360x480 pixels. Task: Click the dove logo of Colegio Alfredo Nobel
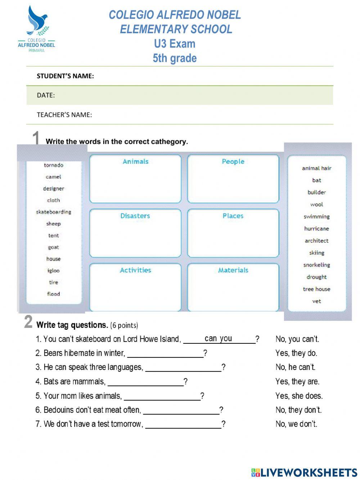(x=37, y=21)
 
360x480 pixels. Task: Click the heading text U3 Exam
(x=175, y=44)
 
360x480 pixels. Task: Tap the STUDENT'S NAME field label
(x=65, y=76)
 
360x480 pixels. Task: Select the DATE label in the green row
(x=46, y=95)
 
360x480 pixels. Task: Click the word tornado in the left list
(x=54, y=165)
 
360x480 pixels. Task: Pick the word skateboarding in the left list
(x=54, y=212)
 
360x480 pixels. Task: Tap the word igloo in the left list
(x=54, y=270)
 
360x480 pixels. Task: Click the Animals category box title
(x=135, y=161)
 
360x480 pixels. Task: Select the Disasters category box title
(x=135, y=216)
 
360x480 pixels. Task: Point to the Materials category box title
(x=233, y=270)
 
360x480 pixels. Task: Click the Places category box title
(x=233, y=216)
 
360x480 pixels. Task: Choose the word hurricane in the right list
(x=316, y=228)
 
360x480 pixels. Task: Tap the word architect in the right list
(x=316, y=241)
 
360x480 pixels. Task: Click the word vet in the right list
(x=316, y=301)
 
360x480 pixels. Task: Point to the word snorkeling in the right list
(x=316, y=265)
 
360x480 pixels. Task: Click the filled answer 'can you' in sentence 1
(x=218, y=338)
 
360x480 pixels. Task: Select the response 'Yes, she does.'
(x=299, y=396)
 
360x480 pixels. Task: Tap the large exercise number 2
(x=28, y=321)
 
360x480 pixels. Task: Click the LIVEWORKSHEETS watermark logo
(x=304, y=472)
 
